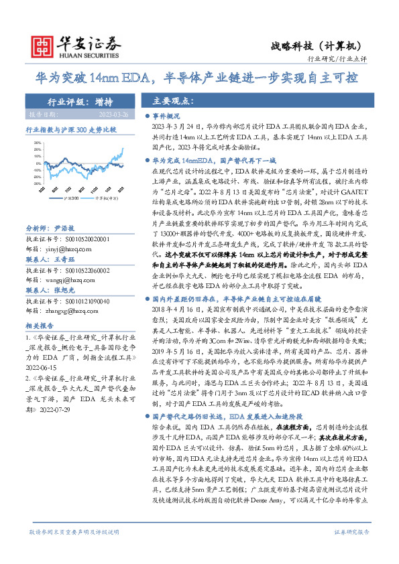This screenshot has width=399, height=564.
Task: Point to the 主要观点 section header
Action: [173, 102]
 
